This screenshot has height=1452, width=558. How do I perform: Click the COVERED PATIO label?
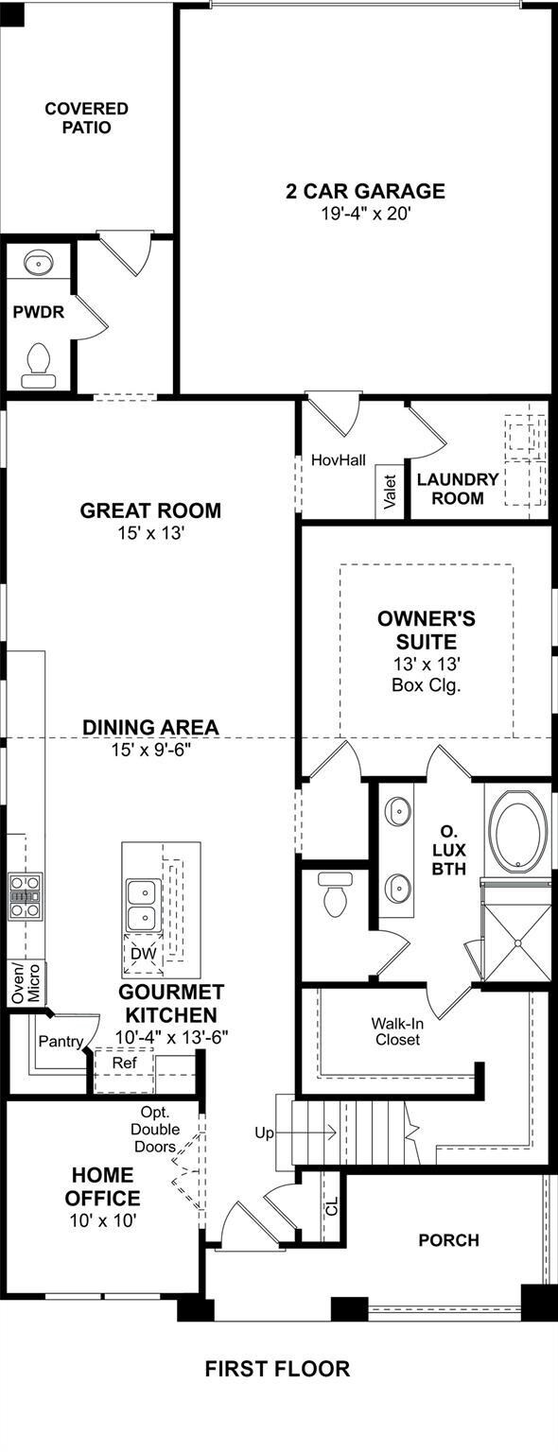pos(86,118)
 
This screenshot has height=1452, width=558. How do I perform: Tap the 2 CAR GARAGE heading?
pos(366,191)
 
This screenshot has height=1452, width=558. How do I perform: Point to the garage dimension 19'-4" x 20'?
pos(367,214)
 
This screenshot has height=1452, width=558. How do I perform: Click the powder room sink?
pos(38,263)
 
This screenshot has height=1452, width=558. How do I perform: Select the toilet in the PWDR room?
pos(38,365)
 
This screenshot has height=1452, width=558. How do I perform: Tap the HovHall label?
pos(338,460)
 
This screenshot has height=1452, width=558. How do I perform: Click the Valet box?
pos(390,492)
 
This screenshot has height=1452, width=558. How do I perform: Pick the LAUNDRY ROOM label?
pos(458,489)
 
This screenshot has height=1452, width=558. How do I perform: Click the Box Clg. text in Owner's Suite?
pos(427,685)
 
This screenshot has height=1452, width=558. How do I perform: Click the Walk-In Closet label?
pos(396,1031)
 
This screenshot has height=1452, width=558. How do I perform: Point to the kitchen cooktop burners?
pos(26,896)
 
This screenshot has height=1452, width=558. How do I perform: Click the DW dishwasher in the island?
pos(143,954)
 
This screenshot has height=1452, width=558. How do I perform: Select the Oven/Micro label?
pos(26,983)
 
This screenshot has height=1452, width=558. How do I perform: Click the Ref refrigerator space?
pos(125,1063)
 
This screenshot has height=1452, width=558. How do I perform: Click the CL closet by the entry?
pos(332,1206)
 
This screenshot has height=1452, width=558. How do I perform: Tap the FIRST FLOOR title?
pos(277,1369)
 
